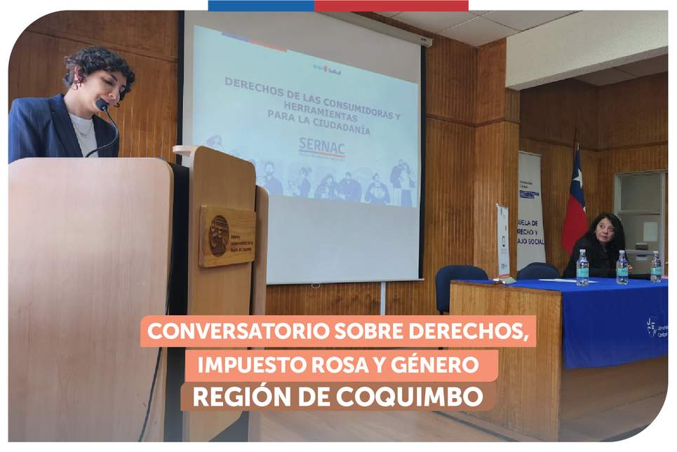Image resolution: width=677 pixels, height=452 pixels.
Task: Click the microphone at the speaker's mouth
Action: (102, 105)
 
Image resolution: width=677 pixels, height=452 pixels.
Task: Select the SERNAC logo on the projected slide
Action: (321, 146)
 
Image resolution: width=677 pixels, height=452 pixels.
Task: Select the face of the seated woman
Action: (605, 232)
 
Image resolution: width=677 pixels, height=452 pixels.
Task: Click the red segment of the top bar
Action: (391, 6)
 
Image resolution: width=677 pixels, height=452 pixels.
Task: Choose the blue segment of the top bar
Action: (261, 6)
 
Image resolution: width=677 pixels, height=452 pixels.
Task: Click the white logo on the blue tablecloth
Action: (652, 327)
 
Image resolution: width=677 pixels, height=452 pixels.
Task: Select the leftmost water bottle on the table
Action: (582, 268)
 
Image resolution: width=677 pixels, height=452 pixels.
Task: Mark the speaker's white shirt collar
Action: (83, 126)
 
